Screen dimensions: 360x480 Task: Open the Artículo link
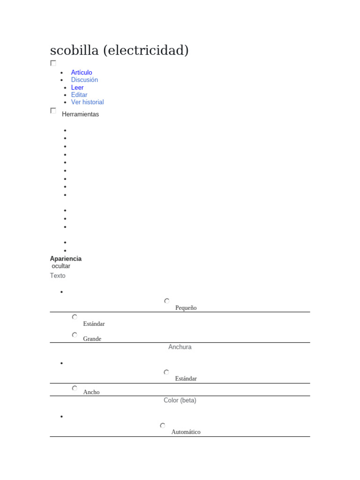click(82, 73)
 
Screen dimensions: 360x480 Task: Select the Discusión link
click(84, 80)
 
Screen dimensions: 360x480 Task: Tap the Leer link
click(77, 88)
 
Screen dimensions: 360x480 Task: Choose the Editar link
click(79, 95)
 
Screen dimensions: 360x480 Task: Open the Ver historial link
click(87, 102)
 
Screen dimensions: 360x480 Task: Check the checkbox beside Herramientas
click(53, 111)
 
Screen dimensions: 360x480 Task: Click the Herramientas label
click(80, 114)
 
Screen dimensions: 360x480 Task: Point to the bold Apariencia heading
click(66, 259)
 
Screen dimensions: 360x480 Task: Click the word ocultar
click(61, 266)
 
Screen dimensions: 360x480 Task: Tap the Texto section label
click(58, 276)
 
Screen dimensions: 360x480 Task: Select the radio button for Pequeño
click(167, 301)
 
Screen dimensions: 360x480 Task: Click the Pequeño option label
click(186, 308)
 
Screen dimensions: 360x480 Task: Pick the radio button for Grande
click(75, 335)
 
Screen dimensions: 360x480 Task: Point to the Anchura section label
click(180, 347)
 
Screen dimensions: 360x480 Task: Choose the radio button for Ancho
click(75, 388)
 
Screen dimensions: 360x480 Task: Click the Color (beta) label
click(180, 401)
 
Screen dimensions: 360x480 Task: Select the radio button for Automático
click(163, 426)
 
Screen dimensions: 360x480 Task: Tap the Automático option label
click(186, 432)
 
